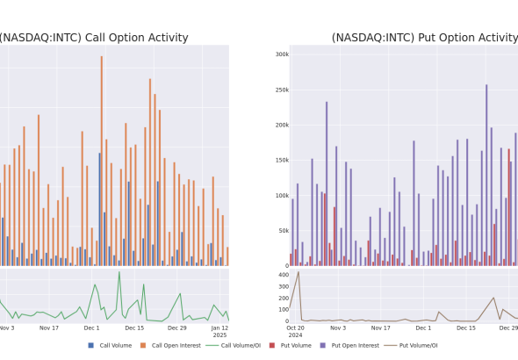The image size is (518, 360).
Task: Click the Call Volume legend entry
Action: click(x=110, y=345)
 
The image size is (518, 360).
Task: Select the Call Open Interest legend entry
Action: click(x=170, y=345)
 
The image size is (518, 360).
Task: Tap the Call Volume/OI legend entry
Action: click(x=234, y=345)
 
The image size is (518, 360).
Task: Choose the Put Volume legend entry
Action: click(x=291, y=345)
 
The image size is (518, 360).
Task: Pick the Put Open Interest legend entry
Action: click(x=349, y=345)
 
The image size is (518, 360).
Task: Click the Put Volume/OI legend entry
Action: click(x=411, y=345)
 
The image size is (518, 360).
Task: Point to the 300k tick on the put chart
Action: click(x=282, y=54)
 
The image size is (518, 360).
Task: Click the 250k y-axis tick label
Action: click(x=282, y=90)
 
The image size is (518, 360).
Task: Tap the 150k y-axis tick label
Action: click(x=282, y=160)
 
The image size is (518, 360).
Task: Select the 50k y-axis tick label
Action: click(x=284, y=231)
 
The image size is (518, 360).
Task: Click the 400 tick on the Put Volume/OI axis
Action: click(x=284, y=275)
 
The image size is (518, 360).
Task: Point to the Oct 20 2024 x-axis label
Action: click(x=295, y=332)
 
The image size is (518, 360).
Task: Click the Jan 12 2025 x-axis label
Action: click(x=219, y=332)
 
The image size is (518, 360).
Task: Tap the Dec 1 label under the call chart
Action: click(x=91, y=328)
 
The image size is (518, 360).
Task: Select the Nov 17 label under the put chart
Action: click(x=380, y=328)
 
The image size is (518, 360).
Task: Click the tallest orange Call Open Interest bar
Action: click(x=102, y=161)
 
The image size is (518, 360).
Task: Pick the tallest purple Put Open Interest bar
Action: click(x=486, y=175)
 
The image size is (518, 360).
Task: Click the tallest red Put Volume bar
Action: click(x=508, y=207)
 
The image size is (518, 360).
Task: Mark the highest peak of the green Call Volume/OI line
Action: click(x=119, y=272)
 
